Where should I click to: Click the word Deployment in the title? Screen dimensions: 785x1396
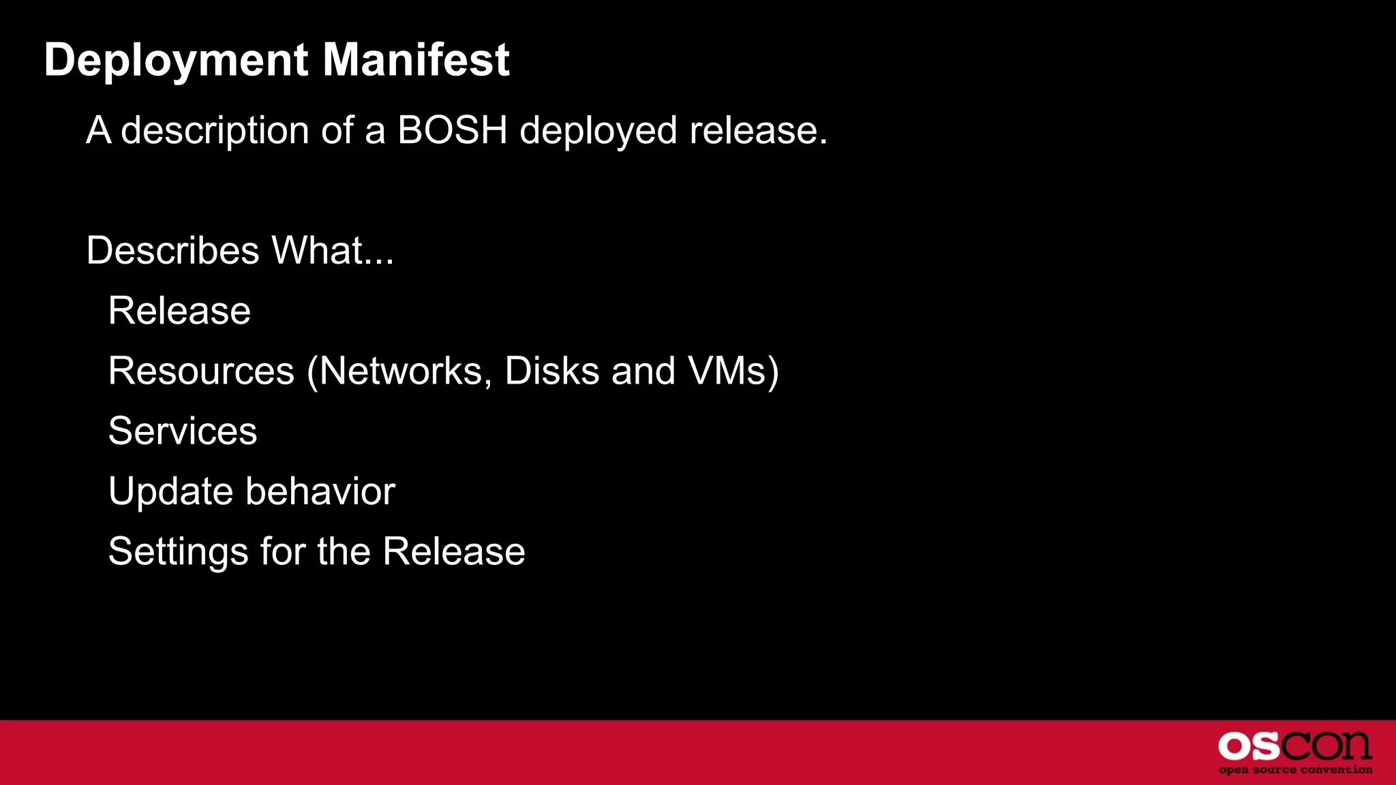pyautogui.click(x=176, y=60)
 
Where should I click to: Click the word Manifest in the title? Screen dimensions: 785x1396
pyautogui.click(x=416, y=60)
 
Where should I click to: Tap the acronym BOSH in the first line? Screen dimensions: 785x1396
pyautogui.click(x=452, y=129)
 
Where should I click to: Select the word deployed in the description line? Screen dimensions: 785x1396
pyautogui.click(x=598, y=131)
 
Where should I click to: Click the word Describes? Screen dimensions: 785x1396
pyautogui.click(x=172, y=250)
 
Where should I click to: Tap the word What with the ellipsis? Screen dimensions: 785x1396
pyautogui.click(x=332, y=250)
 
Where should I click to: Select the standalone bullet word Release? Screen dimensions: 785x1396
pyautogui.click(x=179, y=311)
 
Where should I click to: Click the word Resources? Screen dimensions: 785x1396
pyautogui.click(x=201, y=371)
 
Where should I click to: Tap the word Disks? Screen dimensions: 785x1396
pyautogui.click(x=551, y=371)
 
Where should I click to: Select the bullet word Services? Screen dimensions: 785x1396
pyautogui.click(x=183, y=431)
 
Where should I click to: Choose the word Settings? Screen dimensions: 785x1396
pyautogui.click(x=178, y=552)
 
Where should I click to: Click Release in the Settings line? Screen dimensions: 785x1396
pyautogui.click(x=453, y=551)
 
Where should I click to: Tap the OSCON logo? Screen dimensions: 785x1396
pyautogui.click(x=1294, y=746)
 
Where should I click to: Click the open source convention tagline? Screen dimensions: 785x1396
pyautogui.click(x=1295, y=770)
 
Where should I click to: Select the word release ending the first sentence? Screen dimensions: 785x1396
pyautogui.click(x=757, y=131)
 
